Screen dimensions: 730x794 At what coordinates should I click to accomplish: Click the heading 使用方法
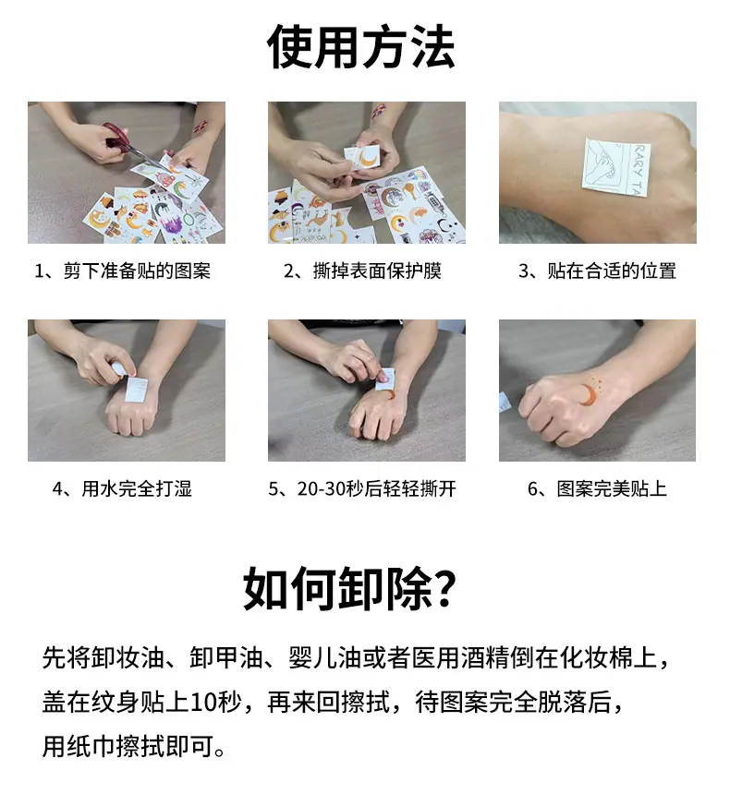click(360, 47)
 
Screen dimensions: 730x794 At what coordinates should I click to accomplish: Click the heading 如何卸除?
click(350, 589)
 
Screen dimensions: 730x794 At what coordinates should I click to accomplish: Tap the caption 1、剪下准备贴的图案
click(122, 271)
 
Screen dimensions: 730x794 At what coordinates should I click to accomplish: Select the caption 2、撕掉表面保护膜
click(362, 271)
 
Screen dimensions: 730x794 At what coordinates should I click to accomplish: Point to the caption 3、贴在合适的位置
click(597, 271)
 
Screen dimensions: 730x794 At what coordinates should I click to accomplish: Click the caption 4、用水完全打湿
click(122, 488)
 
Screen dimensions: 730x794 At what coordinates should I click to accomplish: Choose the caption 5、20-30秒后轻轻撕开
click(362, 488)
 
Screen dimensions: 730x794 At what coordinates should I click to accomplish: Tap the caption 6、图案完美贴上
click(597, 488)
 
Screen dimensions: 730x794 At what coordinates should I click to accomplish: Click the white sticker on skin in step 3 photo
click(616, 167)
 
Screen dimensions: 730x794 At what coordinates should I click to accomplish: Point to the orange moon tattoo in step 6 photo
click(590, 393)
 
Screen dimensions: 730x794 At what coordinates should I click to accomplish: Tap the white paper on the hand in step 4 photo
click(137, 390)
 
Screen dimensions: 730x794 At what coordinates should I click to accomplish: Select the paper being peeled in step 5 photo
click(384, 379)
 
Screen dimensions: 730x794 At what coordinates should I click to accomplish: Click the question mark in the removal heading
click(445, 589)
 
